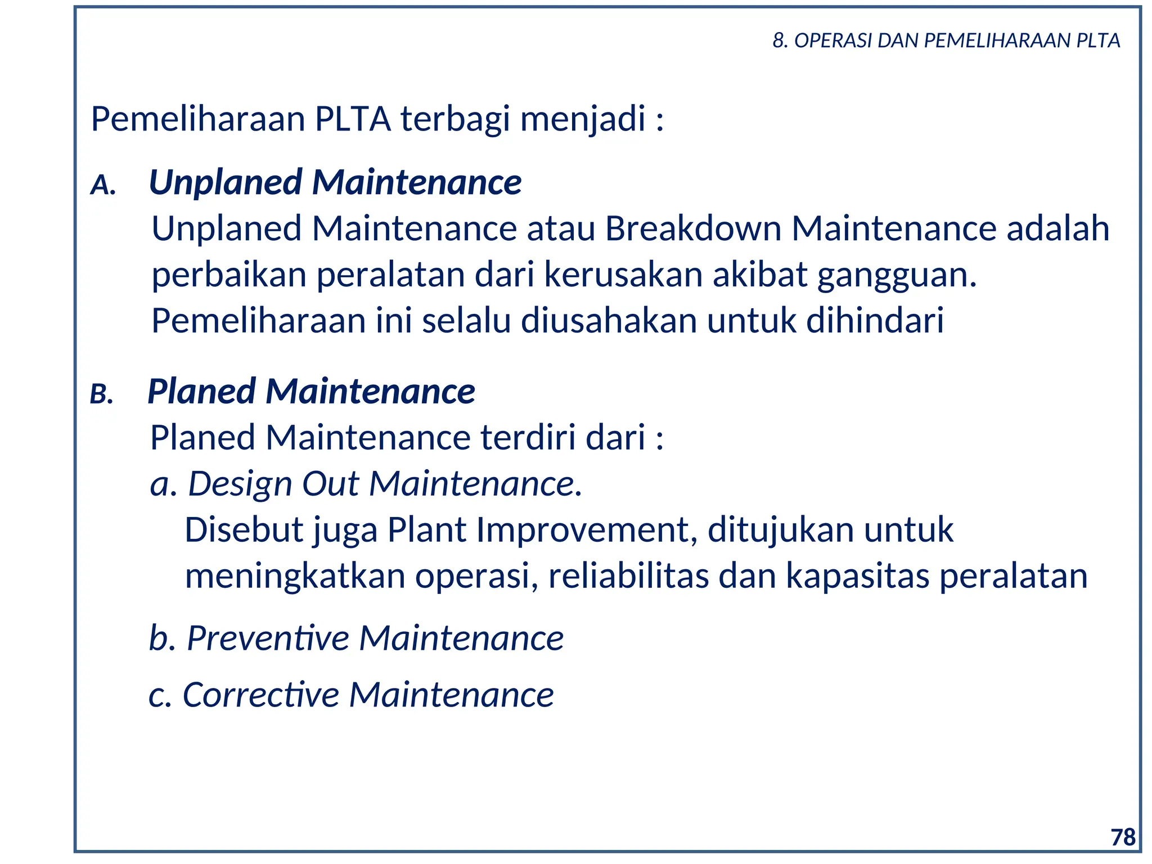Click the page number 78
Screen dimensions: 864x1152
tap(1123, 838)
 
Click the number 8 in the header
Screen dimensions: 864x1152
tap(778, 40)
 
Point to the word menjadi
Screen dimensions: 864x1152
tap(583, 119)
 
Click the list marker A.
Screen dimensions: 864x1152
tap(103, 184)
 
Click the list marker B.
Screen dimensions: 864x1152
tap(102, 394)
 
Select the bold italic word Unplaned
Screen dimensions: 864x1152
tap(226, 183)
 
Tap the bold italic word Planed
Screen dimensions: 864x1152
tap(201, 391)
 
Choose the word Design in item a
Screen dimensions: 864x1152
tap(240, 484)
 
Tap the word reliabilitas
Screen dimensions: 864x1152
tap(628, 576)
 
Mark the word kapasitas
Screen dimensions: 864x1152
tap(857, 576)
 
